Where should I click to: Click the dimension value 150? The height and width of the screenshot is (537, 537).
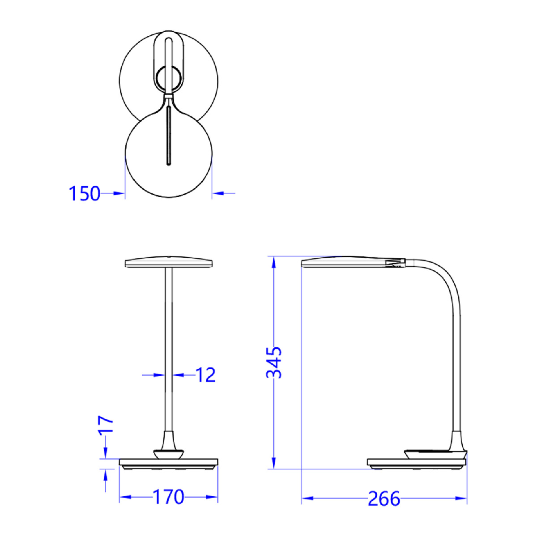(x=85, y=193)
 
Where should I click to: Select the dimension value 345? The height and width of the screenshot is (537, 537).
(x=274, y=362)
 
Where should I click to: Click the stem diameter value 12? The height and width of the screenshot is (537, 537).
(x=206, y=375)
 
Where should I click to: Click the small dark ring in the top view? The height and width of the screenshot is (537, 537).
(x=168, y=79)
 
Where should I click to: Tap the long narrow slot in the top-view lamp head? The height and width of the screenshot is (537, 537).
(x=169, y=136)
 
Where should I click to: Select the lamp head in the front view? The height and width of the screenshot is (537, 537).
(x=169, y=262)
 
